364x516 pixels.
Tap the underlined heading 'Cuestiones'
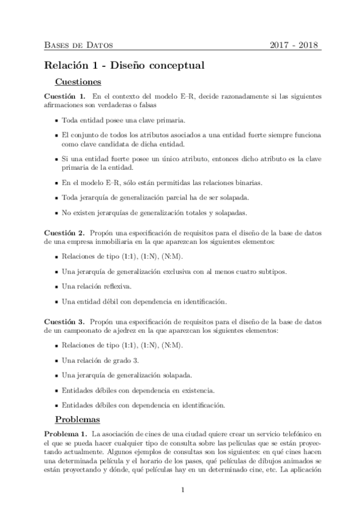[x=78, y=82]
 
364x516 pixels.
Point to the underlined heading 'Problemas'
[x=78, y=419]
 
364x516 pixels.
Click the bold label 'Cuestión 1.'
[x=64, y=96]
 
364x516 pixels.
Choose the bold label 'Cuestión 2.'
[x=64, y=233]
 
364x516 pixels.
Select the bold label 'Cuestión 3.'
[x=64, y=321]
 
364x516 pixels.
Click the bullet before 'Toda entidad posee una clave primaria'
[x=56, y=120]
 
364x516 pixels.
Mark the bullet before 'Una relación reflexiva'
[x=56, y=287]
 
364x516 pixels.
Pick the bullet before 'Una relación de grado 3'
[x=56, y=360]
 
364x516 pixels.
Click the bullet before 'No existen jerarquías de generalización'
[x=56, y=212]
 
